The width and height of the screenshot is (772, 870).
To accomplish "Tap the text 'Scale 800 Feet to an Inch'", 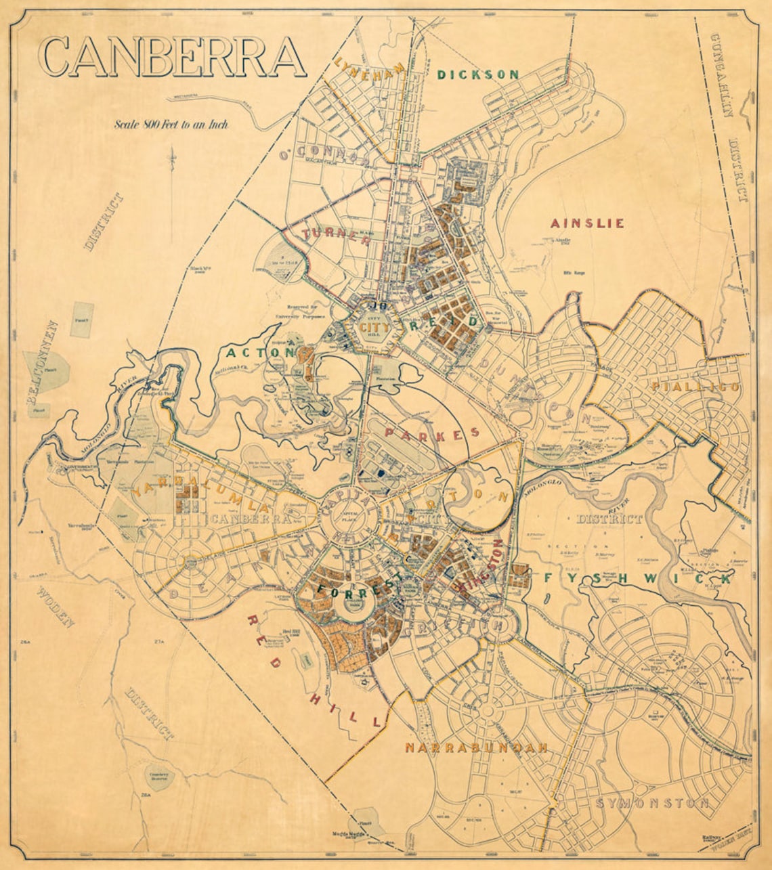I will coord(171,124).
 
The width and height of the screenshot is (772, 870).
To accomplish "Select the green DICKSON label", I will coord(478,74).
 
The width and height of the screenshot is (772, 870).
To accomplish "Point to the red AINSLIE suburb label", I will coord(587,223).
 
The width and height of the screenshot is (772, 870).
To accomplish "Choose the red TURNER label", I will coord(329,234).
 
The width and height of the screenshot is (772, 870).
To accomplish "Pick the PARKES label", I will coord(431,433).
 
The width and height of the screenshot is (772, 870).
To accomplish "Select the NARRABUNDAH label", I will coord(475,748).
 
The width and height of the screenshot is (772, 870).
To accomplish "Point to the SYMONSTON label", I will coord(653,803).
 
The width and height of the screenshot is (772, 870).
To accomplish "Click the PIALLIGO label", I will coord(695,387).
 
